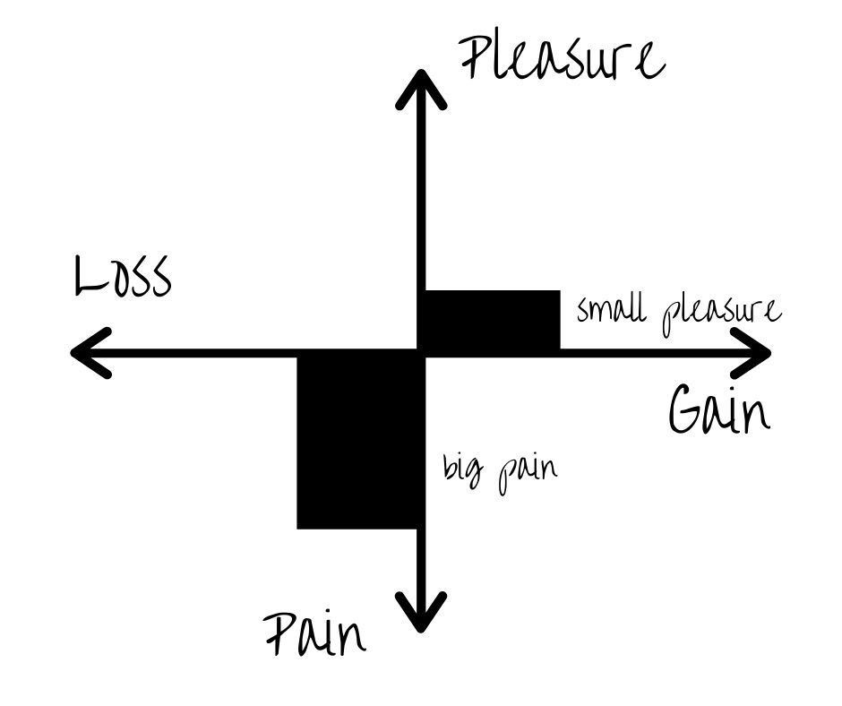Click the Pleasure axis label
563,59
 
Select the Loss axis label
123,276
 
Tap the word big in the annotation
463,469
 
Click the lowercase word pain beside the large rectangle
528,473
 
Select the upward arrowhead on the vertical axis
422,90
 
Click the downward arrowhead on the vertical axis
422,613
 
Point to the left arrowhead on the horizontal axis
91,353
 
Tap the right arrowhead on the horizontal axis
751,353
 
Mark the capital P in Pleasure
477,58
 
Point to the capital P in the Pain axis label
280,634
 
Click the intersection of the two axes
422,353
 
